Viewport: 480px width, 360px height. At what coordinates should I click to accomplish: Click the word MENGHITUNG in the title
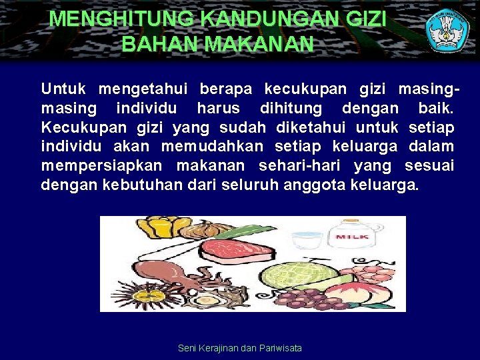[106, 19]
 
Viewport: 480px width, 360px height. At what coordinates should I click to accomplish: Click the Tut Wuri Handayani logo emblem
[448, 31]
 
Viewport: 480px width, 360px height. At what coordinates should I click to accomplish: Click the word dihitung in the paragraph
[291, 108]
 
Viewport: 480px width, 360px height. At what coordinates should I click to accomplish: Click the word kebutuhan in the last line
[141, 185]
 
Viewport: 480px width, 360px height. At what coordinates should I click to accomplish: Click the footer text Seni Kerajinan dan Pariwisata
[240, 348]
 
